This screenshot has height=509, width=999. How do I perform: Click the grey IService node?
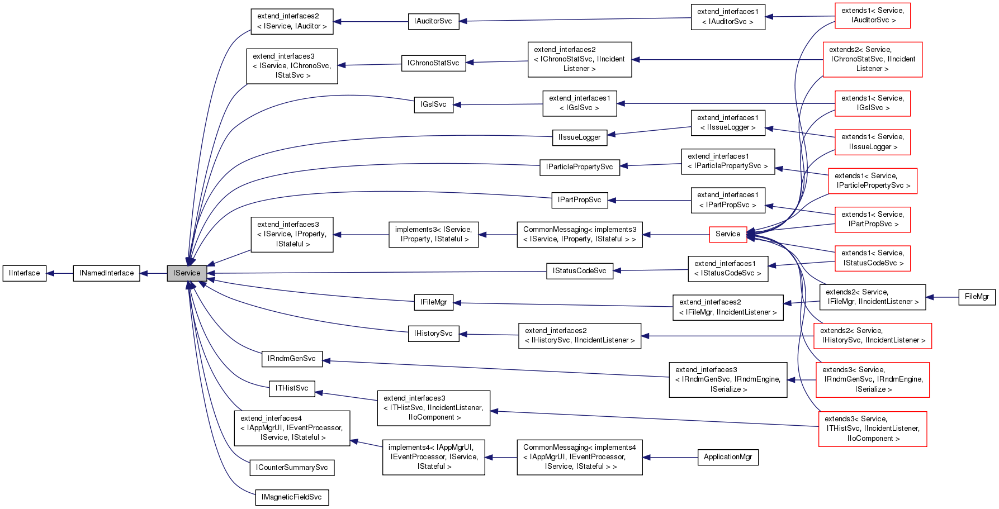[187, 273]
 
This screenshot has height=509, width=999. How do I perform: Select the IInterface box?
[25, 273]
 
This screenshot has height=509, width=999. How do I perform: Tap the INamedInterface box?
[106, 273]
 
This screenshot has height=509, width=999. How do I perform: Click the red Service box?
[727, 234]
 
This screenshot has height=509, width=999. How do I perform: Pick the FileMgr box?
[976, 297]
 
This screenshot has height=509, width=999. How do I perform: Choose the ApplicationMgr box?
[727, 457]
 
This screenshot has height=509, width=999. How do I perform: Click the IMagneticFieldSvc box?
[292, 497]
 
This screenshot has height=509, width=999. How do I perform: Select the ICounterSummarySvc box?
[292, 468]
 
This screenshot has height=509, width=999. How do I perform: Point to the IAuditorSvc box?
[433, 21]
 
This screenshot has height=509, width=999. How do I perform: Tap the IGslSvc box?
[433, 104]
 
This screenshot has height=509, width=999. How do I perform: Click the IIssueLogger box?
[579, 137]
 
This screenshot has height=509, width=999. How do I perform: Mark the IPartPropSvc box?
[579, 200]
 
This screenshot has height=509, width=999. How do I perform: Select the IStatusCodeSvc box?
[579, 271]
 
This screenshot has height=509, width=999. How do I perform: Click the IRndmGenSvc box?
[292, 359]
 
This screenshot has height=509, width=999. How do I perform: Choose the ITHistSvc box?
[292, 388]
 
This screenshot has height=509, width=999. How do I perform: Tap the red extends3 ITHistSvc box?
[872, 429]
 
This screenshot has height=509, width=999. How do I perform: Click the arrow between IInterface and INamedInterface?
[60, 273]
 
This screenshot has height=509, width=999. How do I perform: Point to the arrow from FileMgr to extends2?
[942, 297]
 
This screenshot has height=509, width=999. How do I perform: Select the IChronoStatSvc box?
[433, 63]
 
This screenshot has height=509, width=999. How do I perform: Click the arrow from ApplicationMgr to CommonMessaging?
[670, 457]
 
